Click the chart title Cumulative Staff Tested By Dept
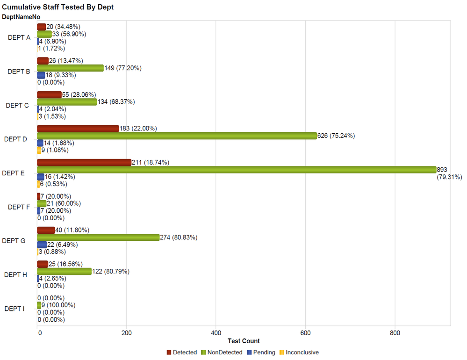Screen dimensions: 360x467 (x=58, y=7)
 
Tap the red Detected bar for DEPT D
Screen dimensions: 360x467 (x=78, y=129)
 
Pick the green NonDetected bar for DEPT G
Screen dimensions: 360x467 (x=98, y=238)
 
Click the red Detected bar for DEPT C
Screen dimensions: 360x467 (x=49, y=95)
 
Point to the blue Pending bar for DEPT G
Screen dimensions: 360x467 (x=42, y=245)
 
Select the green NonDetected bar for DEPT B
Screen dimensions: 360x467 (x=70, y=68)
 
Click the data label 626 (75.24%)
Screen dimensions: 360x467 (x=336, y=136)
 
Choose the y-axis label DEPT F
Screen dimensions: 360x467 (x=18, y=207)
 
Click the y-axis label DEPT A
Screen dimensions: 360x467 (x=19, y=38)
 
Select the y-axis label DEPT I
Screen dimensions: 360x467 (x=14, y=309)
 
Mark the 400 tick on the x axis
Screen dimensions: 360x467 (x=216, y=333)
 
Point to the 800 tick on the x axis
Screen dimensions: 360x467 (x=395, y=333)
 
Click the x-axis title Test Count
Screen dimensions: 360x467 (x=243, y=341)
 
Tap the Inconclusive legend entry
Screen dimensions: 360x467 (x=302, y=353)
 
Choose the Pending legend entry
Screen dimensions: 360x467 (x=264, y=353)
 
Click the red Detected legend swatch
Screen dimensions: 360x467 (x=169, y=353)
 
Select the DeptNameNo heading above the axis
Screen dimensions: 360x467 (x=21, y=16)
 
